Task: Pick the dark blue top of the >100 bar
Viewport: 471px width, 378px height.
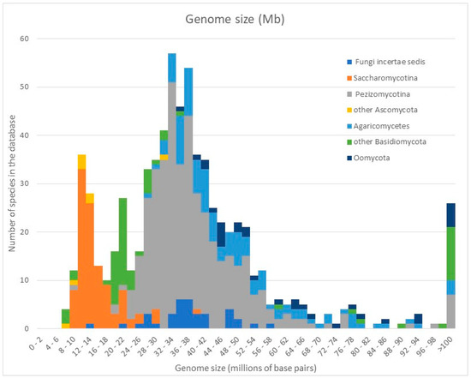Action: pos(450,211)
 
